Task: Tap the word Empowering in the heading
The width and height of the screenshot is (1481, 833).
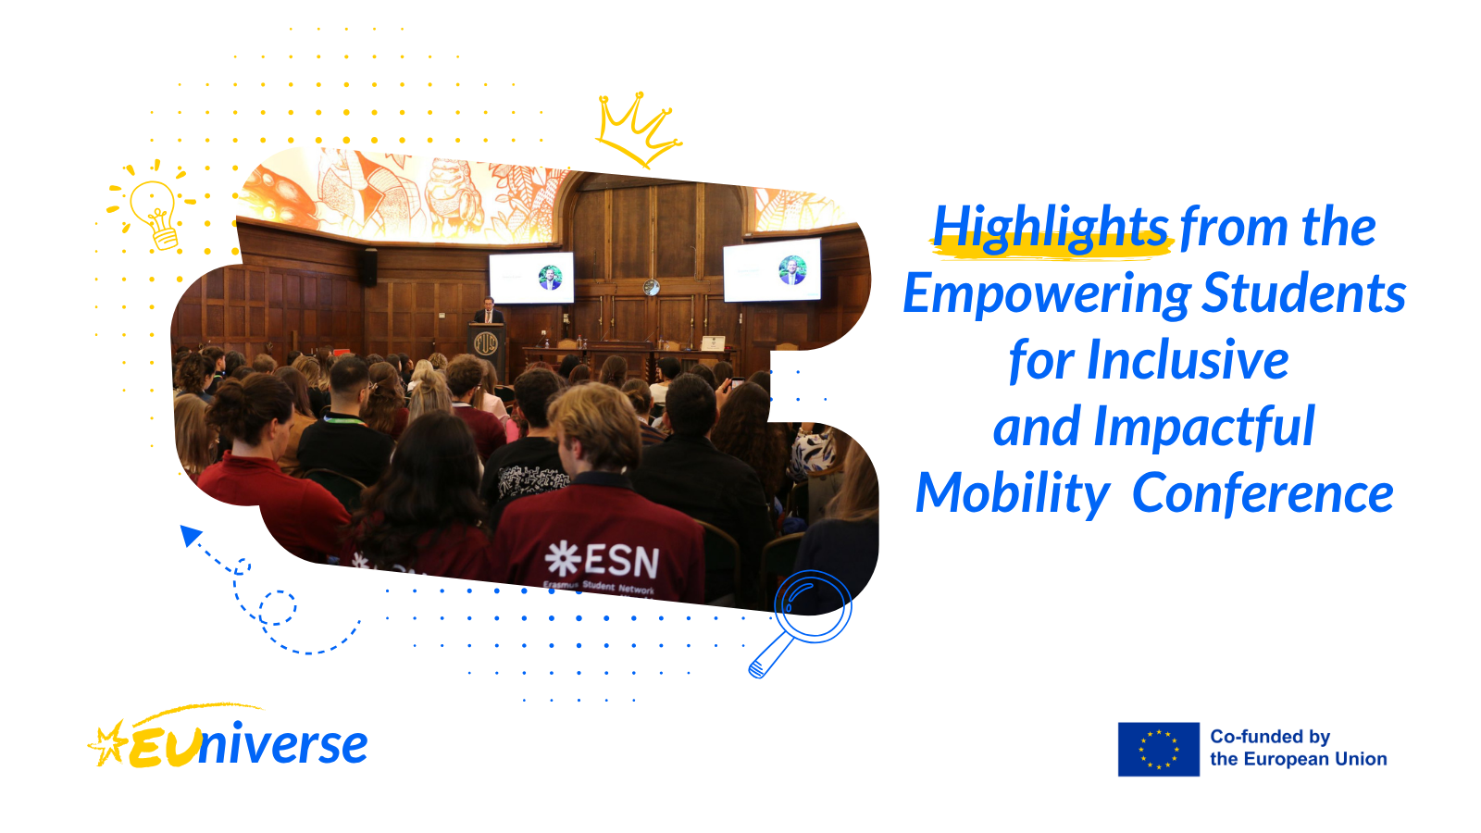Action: pos(1047,295)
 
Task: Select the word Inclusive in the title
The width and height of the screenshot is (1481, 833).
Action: pos(1188,360)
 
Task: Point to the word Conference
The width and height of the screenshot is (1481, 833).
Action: pos(1263,493)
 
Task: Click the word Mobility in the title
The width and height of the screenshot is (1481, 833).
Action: pos(1013,495)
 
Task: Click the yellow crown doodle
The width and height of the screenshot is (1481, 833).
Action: pos(638,130)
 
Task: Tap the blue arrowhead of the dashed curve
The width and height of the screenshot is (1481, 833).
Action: pos(191,535)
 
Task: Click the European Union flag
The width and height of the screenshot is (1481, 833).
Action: pos(1158,749)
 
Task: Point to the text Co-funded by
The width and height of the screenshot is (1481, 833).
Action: pos(1269,737)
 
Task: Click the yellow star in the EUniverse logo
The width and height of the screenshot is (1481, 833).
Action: pos(108,744)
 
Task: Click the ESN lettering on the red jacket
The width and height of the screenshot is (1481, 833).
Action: pos(601,561)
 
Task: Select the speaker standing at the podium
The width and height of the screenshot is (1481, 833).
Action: pos(489,311)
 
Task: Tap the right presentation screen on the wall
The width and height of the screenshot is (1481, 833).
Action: pos(772,270)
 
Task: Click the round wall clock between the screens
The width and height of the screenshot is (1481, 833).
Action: pos(652,287)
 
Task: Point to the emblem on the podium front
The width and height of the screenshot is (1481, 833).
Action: pos(486,343)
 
